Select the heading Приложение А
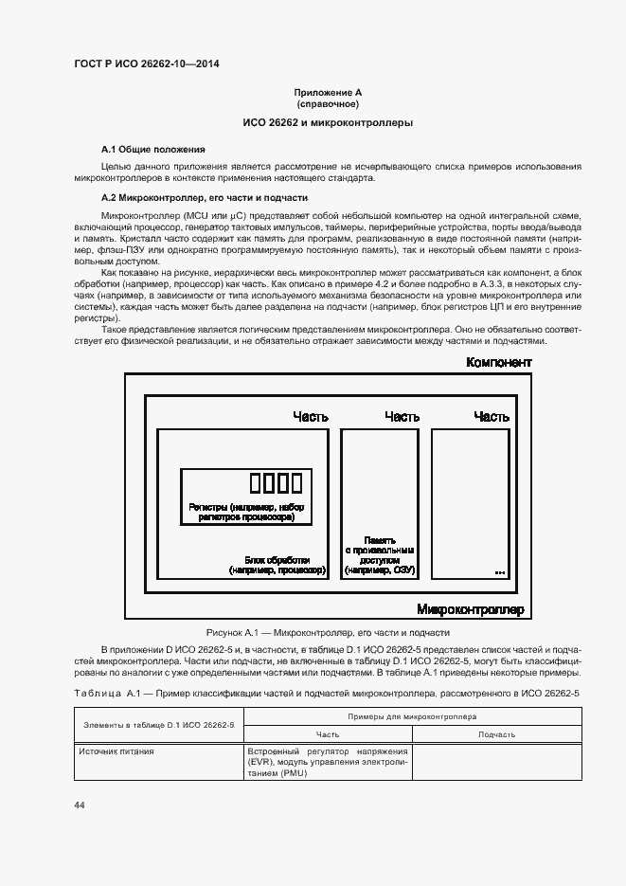pos(328,93)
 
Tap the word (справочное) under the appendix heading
pos(328,103)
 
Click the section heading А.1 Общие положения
pos(152,150)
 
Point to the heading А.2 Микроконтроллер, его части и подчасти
pos(205,198)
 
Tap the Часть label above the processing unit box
pos(311,416)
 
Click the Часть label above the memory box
pos(402,416)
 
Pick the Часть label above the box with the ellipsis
pos(492,416)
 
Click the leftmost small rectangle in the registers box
pos(256,483)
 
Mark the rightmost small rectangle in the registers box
pos(295,483)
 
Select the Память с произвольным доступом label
pos(379,555)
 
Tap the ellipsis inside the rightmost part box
pos(500,572)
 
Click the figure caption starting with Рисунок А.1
pos(328,632)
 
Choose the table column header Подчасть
pos(497,734)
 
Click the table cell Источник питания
pos(117,751)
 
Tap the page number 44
pos(80,805)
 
